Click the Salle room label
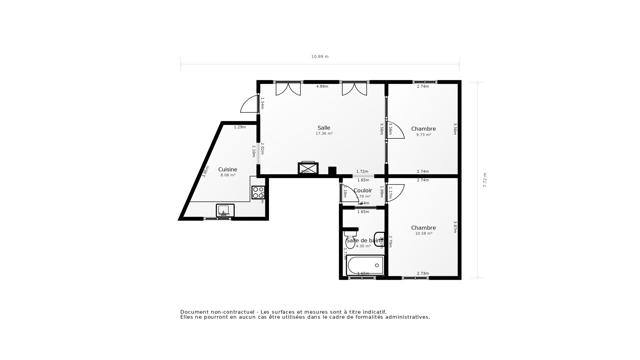pyautogui.click(x=324, y=128)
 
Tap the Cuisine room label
pyautogui.click(x=228, y=169)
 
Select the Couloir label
pyautogui.click(x=363, y=190)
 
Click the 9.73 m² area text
pyautogui.click(x=423, y=135)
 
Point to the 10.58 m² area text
pyautogui.click(x=423, y=234)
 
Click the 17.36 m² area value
pyautogui.click(x=324, y=134)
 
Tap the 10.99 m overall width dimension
pyautogui.click(x=320, y=57)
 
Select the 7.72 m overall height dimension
pyautogui.click(x=485, y=180)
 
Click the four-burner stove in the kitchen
pyautogui.click(x=258, y=193)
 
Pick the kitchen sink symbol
pyautogui.click(x=225, y=210)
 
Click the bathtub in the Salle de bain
pyautogui.click(x=365, y=265)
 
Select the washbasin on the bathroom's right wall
pyautogui.click(x=379, y=239)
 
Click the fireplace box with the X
pyautogui.click(x=308, y=168)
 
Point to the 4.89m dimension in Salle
pyautogui.click(x=322, y=87)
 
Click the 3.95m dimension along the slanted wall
pyautogui.click(x=206, y=171)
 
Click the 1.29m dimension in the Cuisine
pyautogui.click(x=240, y=127)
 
